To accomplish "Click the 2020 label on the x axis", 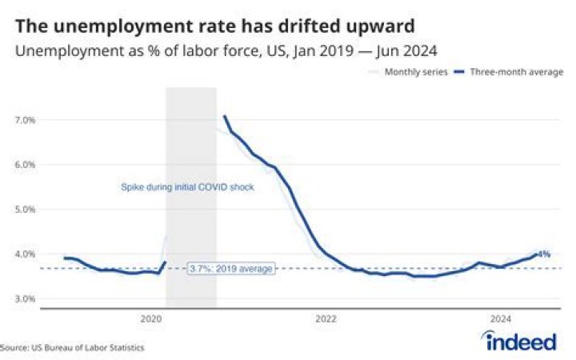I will coord(151,318).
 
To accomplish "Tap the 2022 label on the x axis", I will coord(326,318).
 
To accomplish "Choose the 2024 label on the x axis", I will coord(500,318).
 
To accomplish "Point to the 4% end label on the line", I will coord(544,254).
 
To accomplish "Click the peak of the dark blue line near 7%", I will coord(225,117).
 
